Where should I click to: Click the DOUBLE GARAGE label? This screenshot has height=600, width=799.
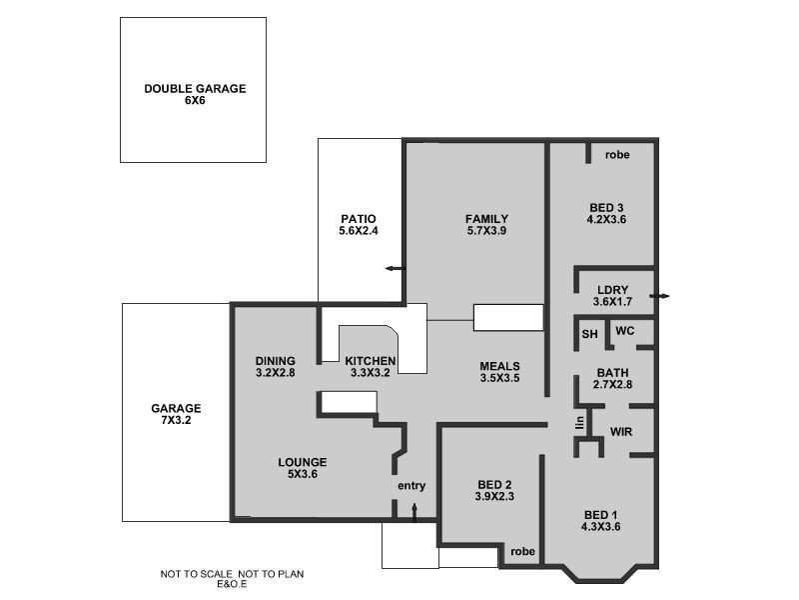194,95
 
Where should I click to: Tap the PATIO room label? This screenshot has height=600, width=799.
358,225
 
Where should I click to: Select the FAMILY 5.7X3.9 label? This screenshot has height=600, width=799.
486,225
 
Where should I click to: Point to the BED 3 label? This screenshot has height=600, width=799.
605,213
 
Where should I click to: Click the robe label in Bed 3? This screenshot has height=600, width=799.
616,155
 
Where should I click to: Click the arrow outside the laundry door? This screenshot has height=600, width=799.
660,296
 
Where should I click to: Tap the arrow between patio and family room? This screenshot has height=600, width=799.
395,268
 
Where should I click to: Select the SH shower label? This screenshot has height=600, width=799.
589,335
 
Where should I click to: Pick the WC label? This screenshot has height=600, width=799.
625,331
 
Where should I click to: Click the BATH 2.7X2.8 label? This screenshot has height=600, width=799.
613,378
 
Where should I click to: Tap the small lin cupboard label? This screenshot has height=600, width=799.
578,423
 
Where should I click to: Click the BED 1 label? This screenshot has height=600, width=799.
602,521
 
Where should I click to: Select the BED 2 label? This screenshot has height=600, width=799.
493,491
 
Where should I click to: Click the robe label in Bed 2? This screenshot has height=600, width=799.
521,551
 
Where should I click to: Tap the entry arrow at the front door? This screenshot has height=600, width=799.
413,512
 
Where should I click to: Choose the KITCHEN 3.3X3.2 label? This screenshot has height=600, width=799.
371,367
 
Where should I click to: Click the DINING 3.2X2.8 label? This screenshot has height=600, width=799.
275,367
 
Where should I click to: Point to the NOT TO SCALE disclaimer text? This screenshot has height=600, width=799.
232,578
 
